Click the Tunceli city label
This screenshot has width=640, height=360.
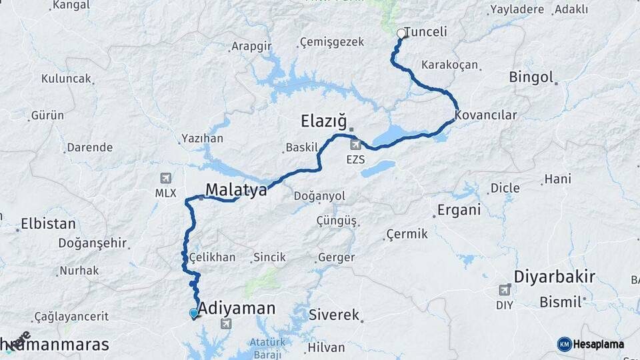click(425, 32)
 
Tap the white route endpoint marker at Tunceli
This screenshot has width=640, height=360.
click(401, 33)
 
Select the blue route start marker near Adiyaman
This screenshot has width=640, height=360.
click(194, 313)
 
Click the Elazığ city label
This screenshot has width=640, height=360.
click(324, 121)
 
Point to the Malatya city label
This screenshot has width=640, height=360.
click(236, 190)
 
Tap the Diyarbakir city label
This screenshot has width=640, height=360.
click(555, 277)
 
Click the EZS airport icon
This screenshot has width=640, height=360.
click(355, 144)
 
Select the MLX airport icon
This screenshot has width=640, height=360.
click(165, 178)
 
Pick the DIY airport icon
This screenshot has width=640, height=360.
click(505, 289)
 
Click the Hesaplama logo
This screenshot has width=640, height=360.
click(591, 344)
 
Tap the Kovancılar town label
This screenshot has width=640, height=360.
click(486, 115)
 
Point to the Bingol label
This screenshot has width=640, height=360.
click(531, 77)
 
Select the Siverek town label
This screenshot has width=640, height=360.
click(334, 315)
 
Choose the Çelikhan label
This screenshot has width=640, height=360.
click(212, 257)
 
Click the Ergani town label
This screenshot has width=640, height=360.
click(459, 210)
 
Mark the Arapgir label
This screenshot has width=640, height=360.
click(251, 47)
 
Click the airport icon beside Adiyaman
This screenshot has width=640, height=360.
click(225, 324)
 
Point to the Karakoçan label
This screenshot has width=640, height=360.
click(450, 65)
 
